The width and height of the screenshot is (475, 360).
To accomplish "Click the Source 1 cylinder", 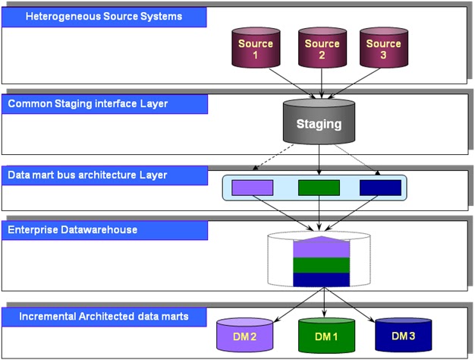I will click(256, 49).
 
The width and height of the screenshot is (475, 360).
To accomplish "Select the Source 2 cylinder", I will click(322, 49).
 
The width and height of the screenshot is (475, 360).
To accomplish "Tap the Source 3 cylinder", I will click(383, 49).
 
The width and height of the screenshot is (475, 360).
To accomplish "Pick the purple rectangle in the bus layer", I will click(252, 187).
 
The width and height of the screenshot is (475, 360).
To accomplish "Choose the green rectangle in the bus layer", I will click(319, 187).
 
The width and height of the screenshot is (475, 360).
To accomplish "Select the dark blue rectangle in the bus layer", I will click(380, 187).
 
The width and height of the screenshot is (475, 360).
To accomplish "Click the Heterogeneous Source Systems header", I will click(104, 17).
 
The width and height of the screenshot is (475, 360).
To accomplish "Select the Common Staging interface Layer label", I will click(104, 103).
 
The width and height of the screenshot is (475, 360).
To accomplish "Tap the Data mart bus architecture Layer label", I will click(104, 175).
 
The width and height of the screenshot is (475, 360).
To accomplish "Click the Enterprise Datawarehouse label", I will click(104, 229).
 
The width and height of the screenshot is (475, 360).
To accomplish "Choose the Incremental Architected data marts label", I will click(104, 315).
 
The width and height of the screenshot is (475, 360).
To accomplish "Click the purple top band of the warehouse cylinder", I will click(320, 248).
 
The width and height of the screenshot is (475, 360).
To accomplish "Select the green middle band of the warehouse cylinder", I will click(320, 265).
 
